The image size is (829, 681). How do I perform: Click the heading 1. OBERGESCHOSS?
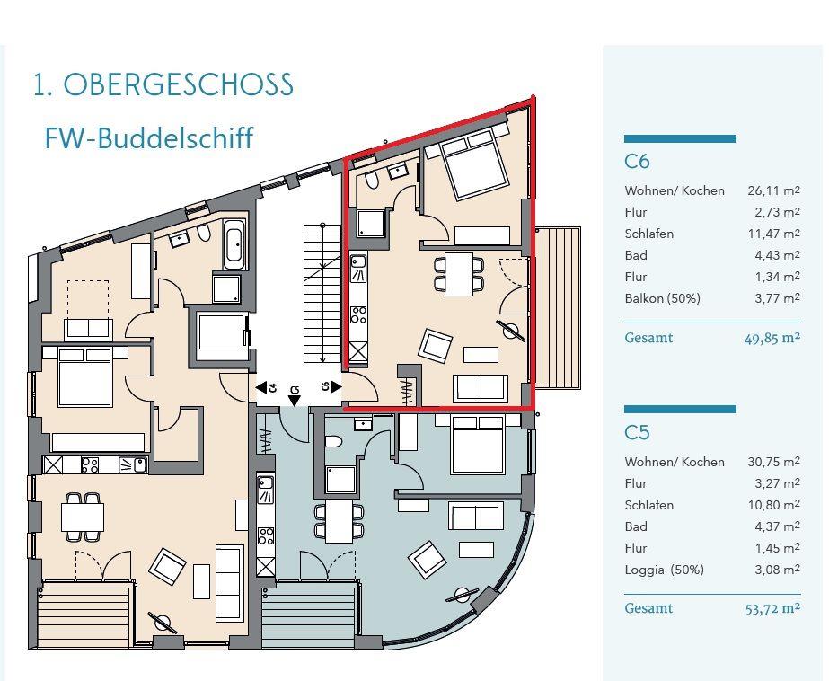pos(163,84)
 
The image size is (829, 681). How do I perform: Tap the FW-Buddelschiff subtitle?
pos(149,138)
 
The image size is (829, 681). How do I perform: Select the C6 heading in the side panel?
pos(637,161)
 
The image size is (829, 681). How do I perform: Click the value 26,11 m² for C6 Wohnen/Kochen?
pos(773,190)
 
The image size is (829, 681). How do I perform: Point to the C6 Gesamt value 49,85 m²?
pos(772,338)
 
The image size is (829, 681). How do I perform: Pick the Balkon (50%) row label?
pos(662,298)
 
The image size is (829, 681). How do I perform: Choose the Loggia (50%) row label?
pos(664,570)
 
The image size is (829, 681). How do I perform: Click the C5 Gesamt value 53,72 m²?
pos(772,608)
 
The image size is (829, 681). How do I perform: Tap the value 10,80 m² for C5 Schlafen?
pos(773,504)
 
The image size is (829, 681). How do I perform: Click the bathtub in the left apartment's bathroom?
pos(234,245)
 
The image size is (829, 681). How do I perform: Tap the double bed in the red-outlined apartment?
pos(471,163)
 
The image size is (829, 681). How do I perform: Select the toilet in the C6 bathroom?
pos(372,180)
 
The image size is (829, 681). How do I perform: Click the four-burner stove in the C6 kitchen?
pos(359,315)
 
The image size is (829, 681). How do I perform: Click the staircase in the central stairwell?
pos(322,294)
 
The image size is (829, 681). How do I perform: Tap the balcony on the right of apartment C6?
pos(559,309)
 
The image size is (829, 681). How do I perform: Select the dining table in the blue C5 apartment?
pos(340,521)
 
